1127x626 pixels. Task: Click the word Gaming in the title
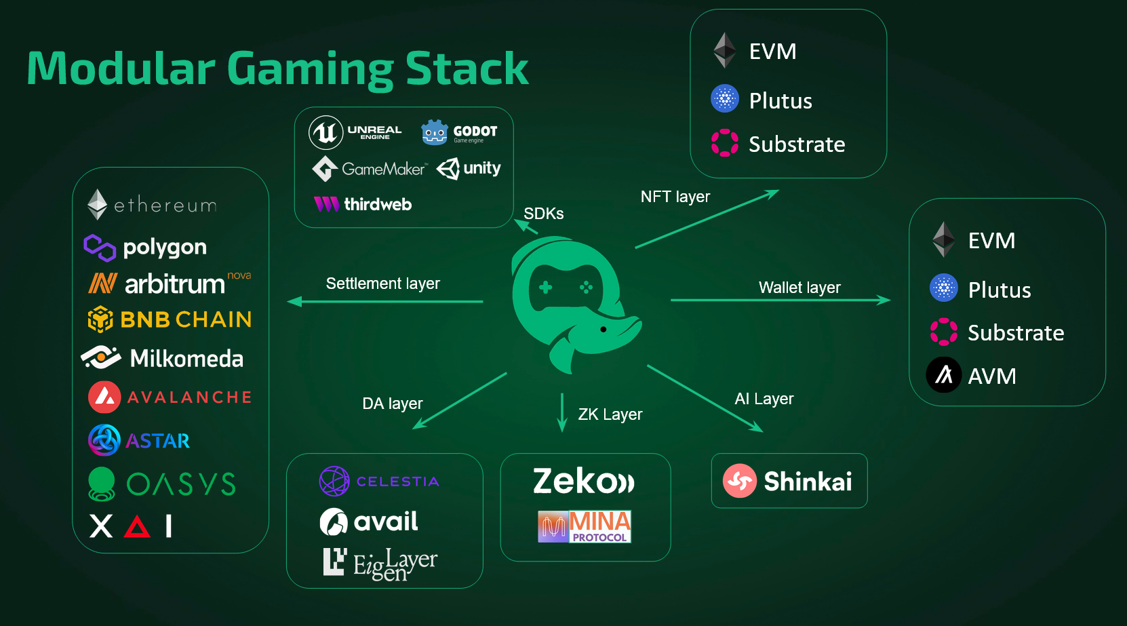tap(309, 69)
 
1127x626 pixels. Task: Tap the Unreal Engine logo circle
tap(325, 132)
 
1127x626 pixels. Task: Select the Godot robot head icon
tap(434, 132)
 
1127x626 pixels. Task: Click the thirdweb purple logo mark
tap(326, 204)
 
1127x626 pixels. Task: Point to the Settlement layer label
tap(382, 283)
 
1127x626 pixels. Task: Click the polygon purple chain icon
tap(100, 248)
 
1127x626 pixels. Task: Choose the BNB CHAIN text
tap(186, 319)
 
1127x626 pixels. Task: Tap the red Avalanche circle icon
tap(104, 397)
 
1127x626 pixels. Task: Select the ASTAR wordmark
tap(158, 441)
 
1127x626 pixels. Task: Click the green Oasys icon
tap(102, 484)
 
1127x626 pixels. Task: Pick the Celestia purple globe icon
tap(334, 482)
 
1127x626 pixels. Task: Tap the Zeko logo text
tap(583, 482)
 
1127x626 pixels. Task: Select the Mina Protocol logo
tap(585, 526)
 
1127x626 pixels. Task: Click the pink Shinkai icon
tap(739, 481)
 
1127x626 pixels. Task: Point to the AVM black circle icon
tap(944, 375)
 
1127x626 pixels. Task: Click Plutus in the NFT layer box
tap(780, 101)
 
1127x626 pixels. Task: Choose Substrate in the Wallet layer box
tap(1015, 333)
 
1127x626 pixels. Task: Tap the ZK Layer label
tap(610, 414)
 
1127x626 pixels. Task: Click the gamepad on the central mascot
tap(565, 288)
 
